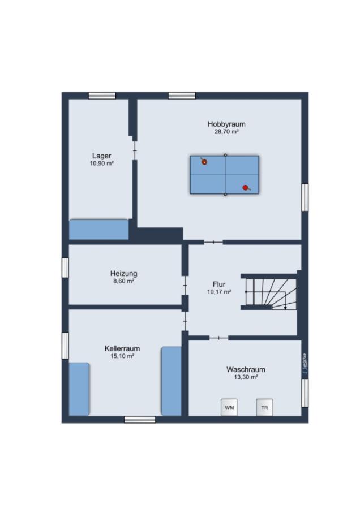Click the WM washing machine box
click(229, 407)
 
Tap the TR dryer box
click(264, 407)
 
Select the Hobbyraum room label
click(226, 124)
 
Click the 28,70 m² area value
click(226, 132)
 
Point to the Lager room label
click(102, 156)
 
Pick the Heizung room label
click(123, 273)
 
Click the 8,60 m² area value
click(123, 281)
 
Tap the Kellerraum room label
click(122, 348)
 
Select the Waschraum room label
click(246, 369)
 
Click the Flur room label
click(219, 284)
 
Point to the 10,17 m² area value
click(219, 292)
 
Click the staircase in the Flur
click(271, 292)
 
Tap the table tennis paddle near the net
click(204, 161)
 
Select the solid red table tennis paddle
click(246, 188)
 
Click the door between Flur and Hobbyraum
click(213, 242)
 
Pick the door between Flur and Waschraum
click(218, 338)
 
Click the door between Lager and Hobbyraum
click(135, 150)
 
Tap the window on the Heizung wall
click(65, 268)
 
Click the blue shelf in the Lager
click(98, 230)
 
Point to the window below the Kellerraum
click(140, 420)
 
